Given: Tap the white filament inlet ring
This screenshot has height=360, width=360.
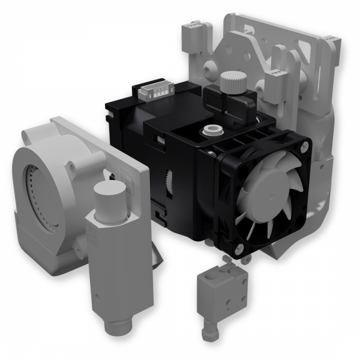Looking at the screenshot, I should click(x=211, y=128).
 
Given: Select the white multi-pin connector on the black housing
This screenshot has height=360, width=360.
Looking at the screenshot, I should click(x=155, y=92).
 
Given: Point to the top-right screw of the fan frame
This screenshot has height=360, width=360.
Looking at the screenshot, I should click(x=301, y=146).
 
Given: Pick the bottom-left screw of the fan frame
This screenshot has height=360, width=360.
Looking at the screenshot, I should click(x=239, y=248).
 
